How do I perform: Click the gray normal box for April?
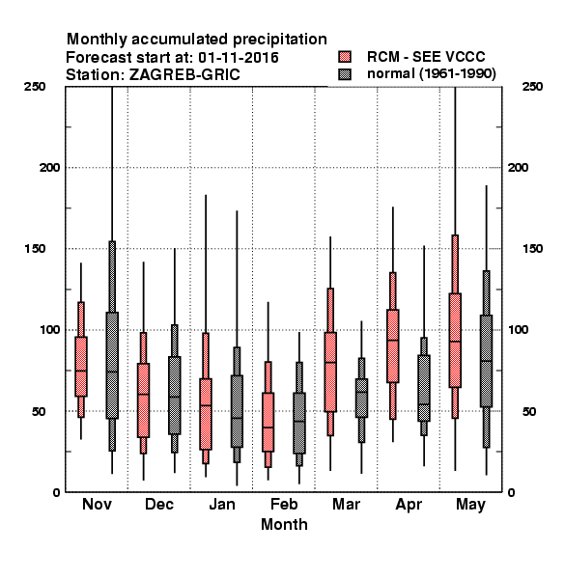coord(424,388)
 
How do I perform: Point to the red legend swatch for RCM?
coord(345,57)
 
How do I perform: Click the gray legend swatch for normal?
coord(345,74)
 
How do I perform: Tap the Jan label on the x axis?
coord(222,504)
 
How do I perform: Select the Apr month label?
coord(409,505)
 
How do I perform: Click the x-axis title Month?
coord(284,524)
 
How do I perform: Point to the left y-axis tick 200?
coord(49,168)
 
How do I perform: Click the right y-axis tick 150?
coord(532,249)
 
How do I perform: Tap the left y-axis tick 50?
coord(39,411)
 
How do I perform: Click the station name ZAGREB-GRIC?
coord(184,74)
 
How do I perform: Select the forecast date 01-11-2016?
coord(239,58)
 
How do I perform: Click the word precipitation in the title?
coord(280,40)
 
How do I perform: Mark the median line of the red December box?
coord(143,395)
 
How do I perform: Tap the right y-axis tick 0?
coord(512,492)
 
